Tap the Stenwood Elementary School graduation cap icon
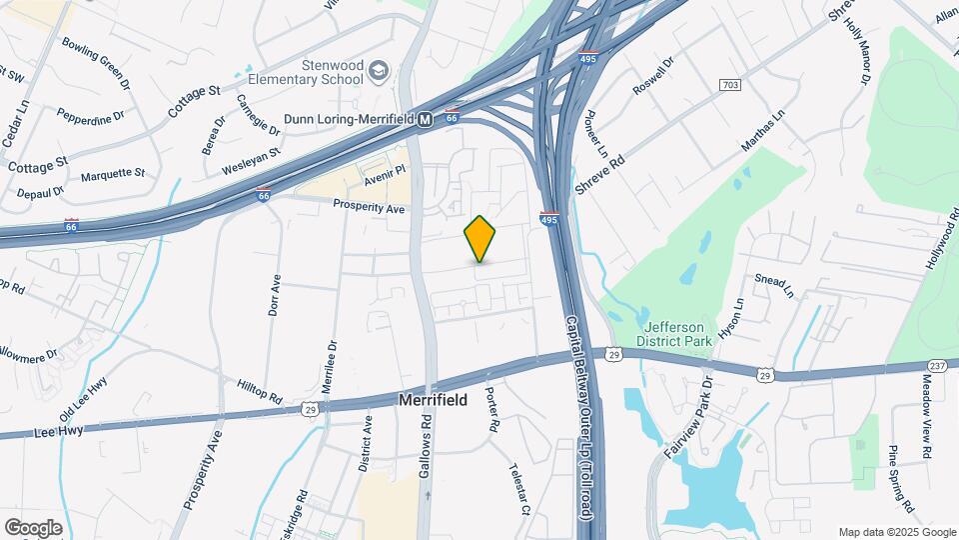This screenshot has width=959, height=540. (x=379, y=70)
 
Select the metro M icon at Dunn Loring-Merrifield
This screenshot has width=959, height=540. (x=426, y=119)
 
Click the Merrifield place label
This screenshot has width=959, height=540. (x=435, y=398)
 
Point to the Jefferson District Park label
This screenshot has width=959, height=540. (x=674, y=334)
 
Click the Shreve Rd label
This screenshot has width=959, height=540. (x=600, y=174)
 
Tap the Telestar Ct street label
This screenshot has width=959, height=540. (x=518, y=489)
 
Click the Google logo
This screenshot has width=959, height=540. (x=33, y=527)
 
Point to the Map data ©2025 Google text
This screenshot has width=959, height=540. (x=895, y=532)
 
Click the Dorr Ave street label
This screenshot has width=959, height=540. (x=275, y=296)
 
